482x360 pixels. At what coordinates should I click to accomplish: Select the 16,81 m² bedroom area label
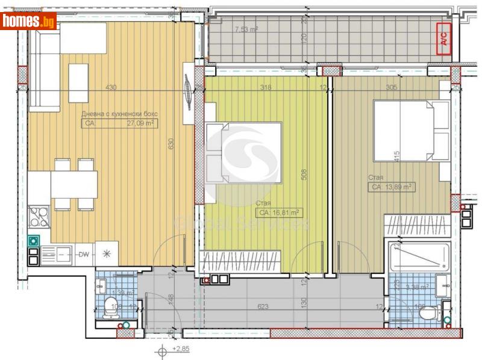click(x=280, y=213)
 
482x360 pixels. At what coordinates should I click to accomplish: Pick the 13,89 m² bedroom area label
click(x=391, y=187)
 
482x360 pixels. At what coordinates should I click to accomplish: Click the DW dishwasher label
click(x=84, y=254)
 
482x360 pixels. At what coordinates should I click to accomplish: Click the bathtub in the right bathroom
click(x=419, y=257)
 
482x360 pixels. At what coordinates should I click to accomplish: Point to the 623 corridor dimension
click(x=263, y=306)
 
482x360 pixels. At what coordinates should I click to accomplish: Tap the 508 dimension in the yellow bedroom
click(x=305, y=175)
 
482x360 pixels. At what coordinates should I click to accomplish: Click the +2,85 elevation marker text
click(x=181, y=349)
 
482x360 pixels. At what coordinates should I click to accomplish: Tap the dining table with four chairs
click(x=74, y=184)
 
